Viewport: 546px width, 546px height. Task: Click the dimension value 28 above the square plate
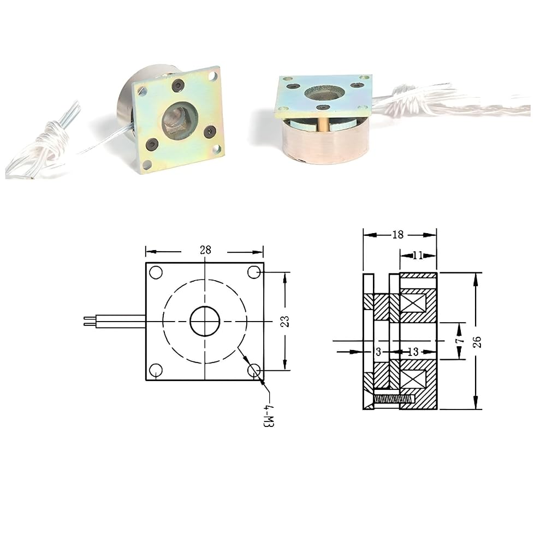(205, 250)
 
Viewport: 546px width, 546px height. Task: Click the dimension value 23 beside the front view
(285, 321)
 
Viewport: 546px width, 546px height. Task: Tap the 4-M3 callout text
(269, 416)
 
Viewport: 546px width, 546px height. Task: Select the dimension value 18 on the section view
(397, 235)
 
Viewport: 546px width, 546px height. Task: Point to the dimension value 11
(418, 256)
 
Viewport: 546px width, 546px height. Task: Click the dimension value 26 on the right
(477, 342)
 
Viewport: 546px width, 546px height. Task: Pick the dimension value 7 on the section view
(460, 339)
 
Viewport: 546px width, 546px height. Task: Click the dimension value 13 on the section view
(413, 352)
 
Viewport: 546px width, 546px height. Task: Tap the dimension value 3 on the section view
(379, 352)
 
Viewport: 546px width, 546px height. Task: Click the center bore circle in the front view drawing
(205, 322)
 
